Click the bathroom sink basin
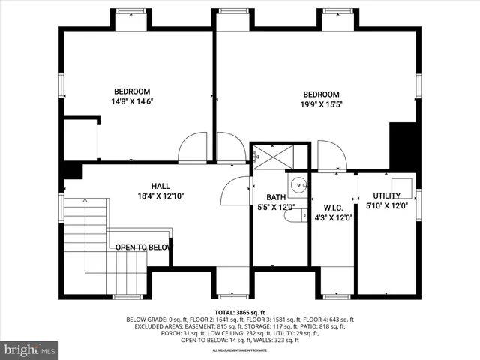click(298, 184)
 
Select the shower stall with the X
click(271, 157)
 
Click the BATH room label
click(266, 197)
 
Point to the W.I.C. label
click(333, 208)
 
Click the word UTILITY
click(387, 196)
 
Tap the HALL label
click(160, 186)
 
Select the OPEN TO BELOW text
click(144, 247)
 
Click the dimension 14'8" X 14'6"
click(133, 100)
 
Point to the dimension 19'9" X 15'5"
click(321, 105)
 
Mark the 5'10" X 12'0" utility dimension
click(387, 205)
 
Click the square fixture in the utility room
click(401, 186)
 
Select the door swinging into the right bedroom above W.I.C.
click(331, 155)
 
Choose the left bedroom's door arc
click(193, 148)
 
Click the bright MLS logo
click(30, 349)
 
